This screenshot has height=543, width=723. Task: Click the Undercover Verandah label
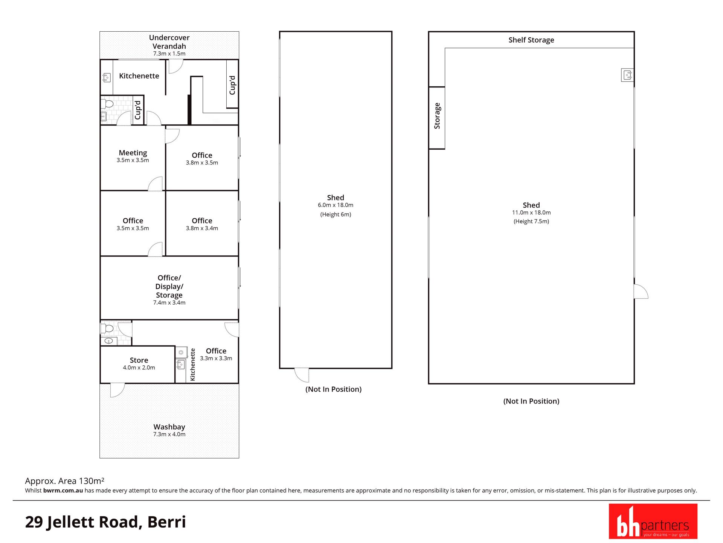169,42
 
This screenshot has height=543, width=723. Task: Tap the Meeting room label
133,153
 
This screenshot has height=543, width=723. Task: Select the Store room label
139,360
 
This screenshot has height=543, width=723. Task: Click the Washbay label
169,427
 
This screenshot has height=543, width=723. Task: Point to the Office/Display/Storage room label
169,286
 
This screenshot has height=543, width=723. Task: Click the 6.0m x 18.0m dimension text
336,205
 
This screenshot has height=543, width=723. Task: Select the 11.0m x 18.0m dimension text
531,213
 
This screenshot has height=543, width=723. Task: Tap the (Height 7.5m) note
531,221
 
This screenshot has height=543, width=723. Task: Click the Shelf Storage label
531,40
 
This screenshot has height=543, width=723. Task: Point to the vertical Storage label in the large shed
437,116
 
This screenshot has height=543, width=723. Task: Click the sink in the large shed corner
627,75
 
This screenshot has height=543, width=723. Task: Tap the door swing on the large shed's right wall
641,291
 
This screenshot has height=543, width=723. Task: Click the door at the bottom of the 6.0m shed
301,375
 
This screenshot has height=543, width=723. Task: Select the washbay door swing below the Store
117,390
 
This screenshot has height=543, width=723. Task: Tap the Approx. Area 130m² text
64,481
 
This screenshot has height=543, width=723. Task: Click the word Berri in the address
166,522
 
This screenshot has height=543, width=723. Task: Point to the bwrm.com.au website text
63,491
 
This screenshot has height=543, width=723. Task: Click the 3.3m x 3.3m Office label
216,354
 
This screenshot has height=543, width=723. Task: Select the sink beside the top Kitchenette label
106,78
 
